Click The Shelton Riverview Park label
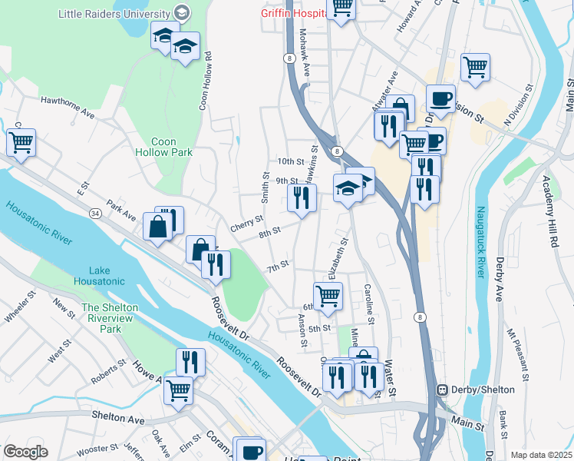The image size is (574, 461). [110, 318]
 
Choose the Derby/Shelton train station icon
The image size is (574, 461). [443, 390]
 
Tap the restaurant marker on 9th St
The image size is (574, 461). [302, 198]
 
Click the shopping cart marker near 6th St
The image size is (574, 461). [328, 296]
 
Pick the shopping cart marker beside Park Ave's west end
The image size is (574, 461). [21, 142]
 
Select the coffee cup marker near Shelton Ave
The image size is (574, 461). [250, 450]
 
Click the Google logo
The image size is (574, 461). [25, 452]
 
